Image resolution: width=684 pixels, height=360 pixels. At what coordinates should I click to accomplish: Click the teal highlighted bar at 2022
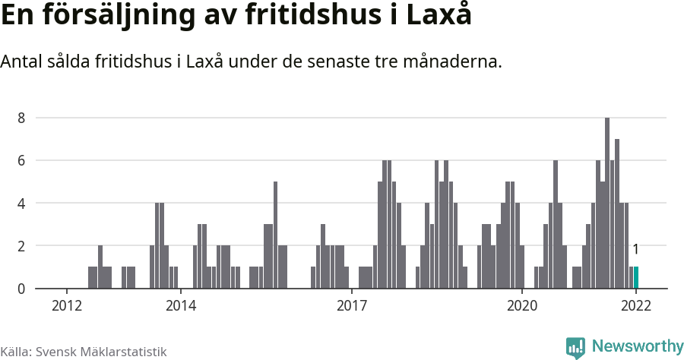(636, 278)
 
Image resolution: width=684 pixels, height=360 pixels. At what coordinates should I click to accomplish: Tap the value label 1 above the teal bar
(635, 249)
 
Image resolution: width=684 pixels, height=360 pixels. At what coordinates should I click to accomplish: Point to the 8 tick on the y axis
(22, 118)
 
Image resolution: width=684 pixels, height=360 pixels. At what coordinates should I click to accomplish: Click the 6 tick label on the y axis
(22, 160)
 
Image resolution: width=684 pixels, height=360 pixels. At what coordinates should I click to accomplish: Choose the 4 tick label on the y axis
(22, 204)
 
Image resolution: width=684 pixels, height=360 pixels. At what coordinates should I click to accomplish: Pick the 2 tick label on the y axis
(22, 246)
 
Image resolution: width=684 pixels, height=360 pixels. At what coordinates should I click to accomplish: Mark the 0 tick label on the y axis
(22, 289)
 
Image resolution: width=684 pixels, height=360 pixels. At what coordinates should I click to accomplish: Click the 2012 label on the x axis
(67, 306)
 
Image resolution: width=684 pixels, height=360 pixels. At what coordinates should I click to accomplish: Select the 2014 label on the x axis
(180, 306)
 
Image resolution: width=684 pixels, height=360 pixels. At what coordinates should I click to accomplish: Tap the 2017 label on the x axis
(351, 306)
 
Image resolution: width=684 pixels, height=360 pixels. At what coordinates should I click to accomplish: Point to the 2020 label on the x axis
(523, 306)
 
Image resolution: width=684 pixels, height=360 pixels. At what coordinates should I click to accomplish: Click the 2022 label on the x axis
(636, 306)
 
